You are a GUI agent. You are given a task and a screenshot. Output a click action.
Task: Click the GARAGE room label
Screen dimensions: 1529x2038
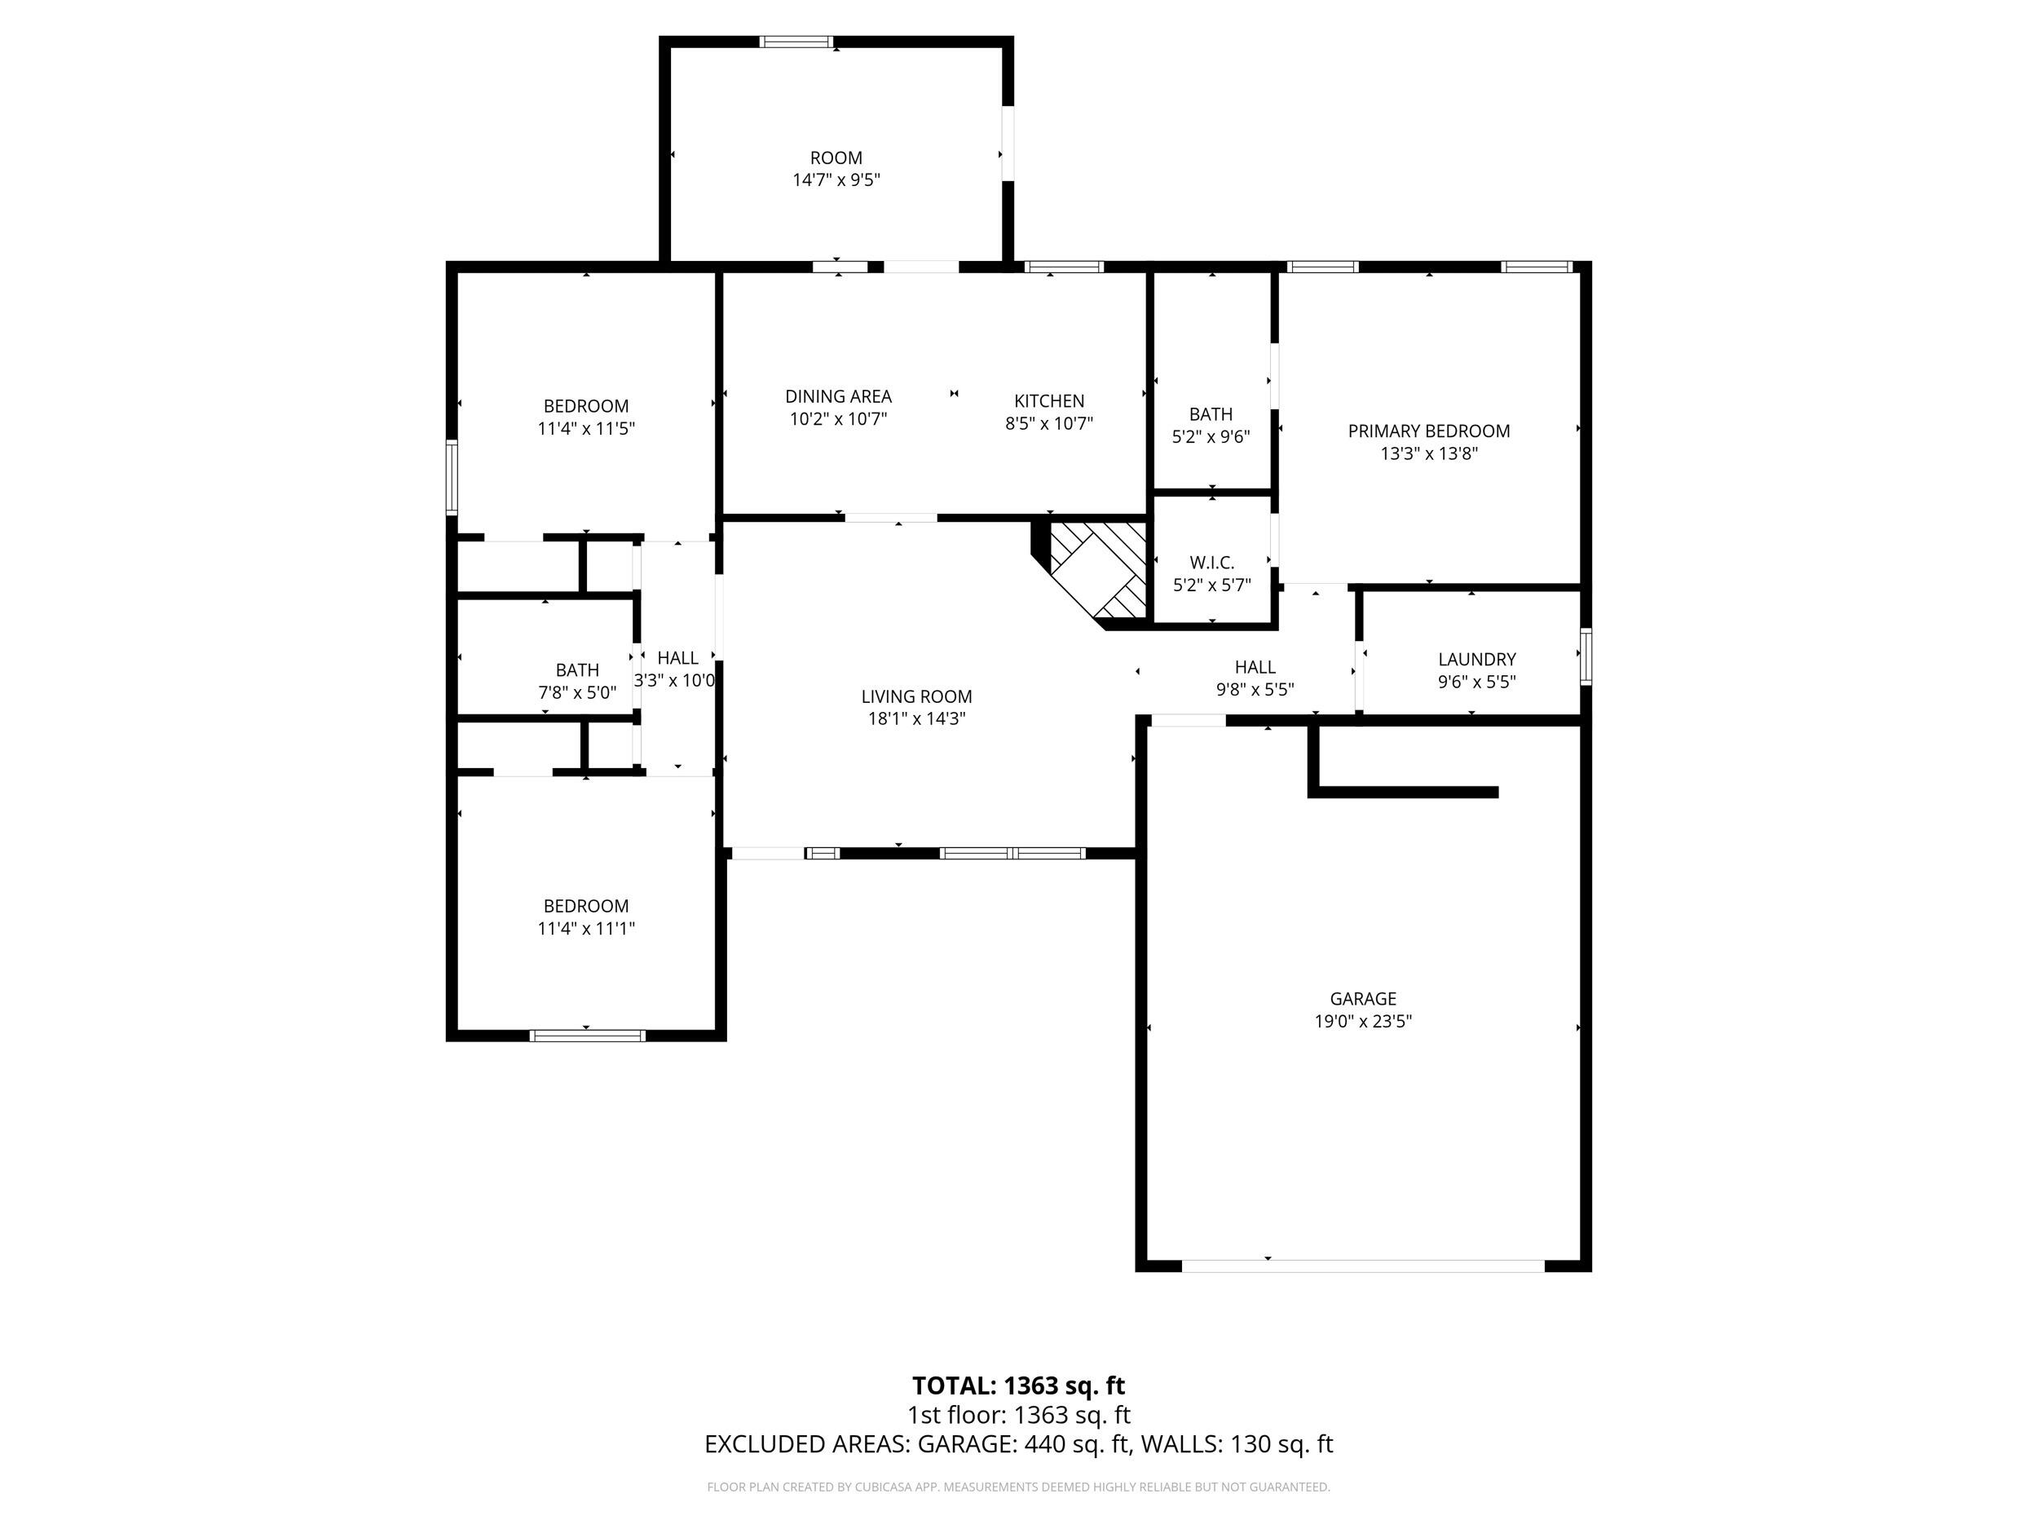(x=1363, y=998)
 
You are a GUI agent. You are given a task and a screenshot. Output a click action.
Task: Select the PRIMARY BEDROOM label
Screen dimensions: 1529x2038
(x=1428, y=431)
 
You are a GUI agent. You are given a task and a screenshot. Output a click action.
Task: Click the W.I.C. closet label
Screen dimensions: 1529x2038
(x=1211, y=562)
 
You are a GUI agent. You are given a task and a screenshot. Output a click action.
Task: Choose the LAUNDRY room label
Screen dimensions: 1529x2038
(x=1476, y=659)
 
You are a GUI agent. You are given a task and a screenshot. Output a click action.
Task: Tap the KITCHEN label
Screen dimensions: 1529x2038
(x=1048, y=401)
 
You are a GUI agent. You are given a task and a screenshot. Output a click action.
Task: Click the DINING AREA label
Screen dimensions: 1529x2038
(x=837, y=396)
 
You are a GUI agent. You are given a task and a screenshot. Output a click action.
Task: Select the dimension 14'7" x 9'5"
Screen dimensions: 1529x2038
(x=836, y=179)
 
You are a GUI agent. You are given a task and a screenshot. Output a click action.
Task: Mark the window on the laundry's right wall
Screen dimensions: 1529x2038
(x=1586, y=656)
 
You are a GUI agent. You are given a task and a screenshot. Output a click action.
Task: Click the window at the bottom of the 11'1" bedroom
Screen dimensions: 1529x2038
(x=587, y=1036)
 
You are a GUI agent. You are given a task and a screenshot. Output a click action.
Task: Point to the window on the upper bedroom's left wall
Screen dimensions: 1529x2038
(x=452, y=477)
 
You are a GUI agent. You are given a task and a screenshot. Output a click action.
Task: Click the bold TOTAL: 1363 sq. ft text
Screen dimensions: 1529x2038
(x=1018, y=1385)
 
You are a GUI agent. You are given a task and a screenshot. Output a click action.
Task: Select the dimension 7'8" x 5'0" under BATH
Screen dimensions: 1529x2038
(x=577, y=692)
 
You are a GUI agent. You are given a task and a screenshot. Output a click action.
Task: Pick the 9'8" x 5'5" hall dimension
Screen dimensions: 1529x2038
(x=1255, y=689)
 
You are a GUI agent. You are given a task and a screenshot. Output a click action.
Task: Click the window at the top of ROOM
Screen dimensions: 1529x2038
(x=796, y=42)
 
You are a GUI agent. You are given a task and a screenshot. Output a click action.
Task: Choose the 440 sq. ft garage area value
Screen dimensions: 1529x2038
(x=1076, y=1444)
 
